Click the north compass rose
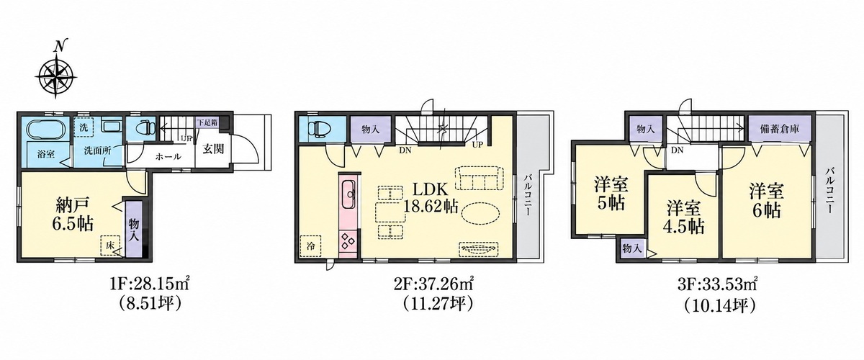(x=56, y=76)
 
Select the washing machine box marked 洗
(x=84, y=127)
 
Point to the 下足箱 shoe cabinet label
(x=207, y=123)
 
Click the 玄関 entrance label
(x=213, y=149)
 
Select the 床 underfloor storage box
(x=110, y=246)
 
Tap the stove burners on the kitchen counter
(x=349, y=240)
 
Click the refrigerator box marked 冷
(x=311, y=246)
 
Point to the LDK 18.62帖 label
(x=431, y=198)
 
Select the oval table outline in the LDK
(x=480, y=212)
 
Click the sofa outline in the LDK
(x=479, y=178)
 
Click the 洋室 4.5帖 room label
(x=683, y=218)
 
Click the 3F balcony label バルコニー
(x=829, y=190)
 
